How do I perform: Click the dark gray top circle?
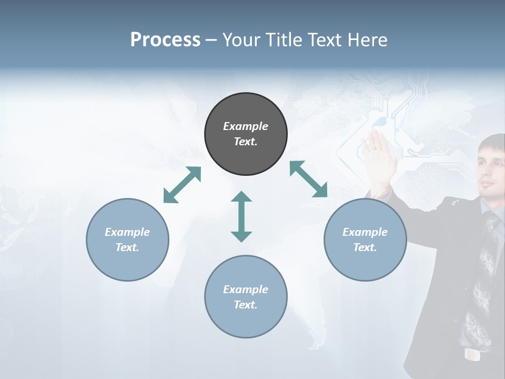[246, 134]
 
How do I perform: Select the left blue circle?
[127, 240]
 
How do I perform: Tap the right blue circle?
[365, 240]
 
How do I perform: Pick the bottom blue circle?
[246, 297]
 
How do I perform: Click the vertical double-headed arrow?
[241, 216]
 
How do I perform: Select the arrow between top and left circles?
[183, 185]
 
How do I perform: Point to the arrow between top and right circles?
[308, 179]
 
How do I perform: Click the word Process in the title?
[165, 39]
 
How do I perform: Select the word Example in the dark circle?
[246, 126]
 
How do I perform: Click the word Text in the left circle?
[127, 247]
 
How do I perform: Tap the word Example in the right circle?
[365, 232]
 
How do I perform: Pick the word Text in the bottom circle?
[246, 305]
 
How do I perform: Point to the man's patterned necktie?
[481, 274]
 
